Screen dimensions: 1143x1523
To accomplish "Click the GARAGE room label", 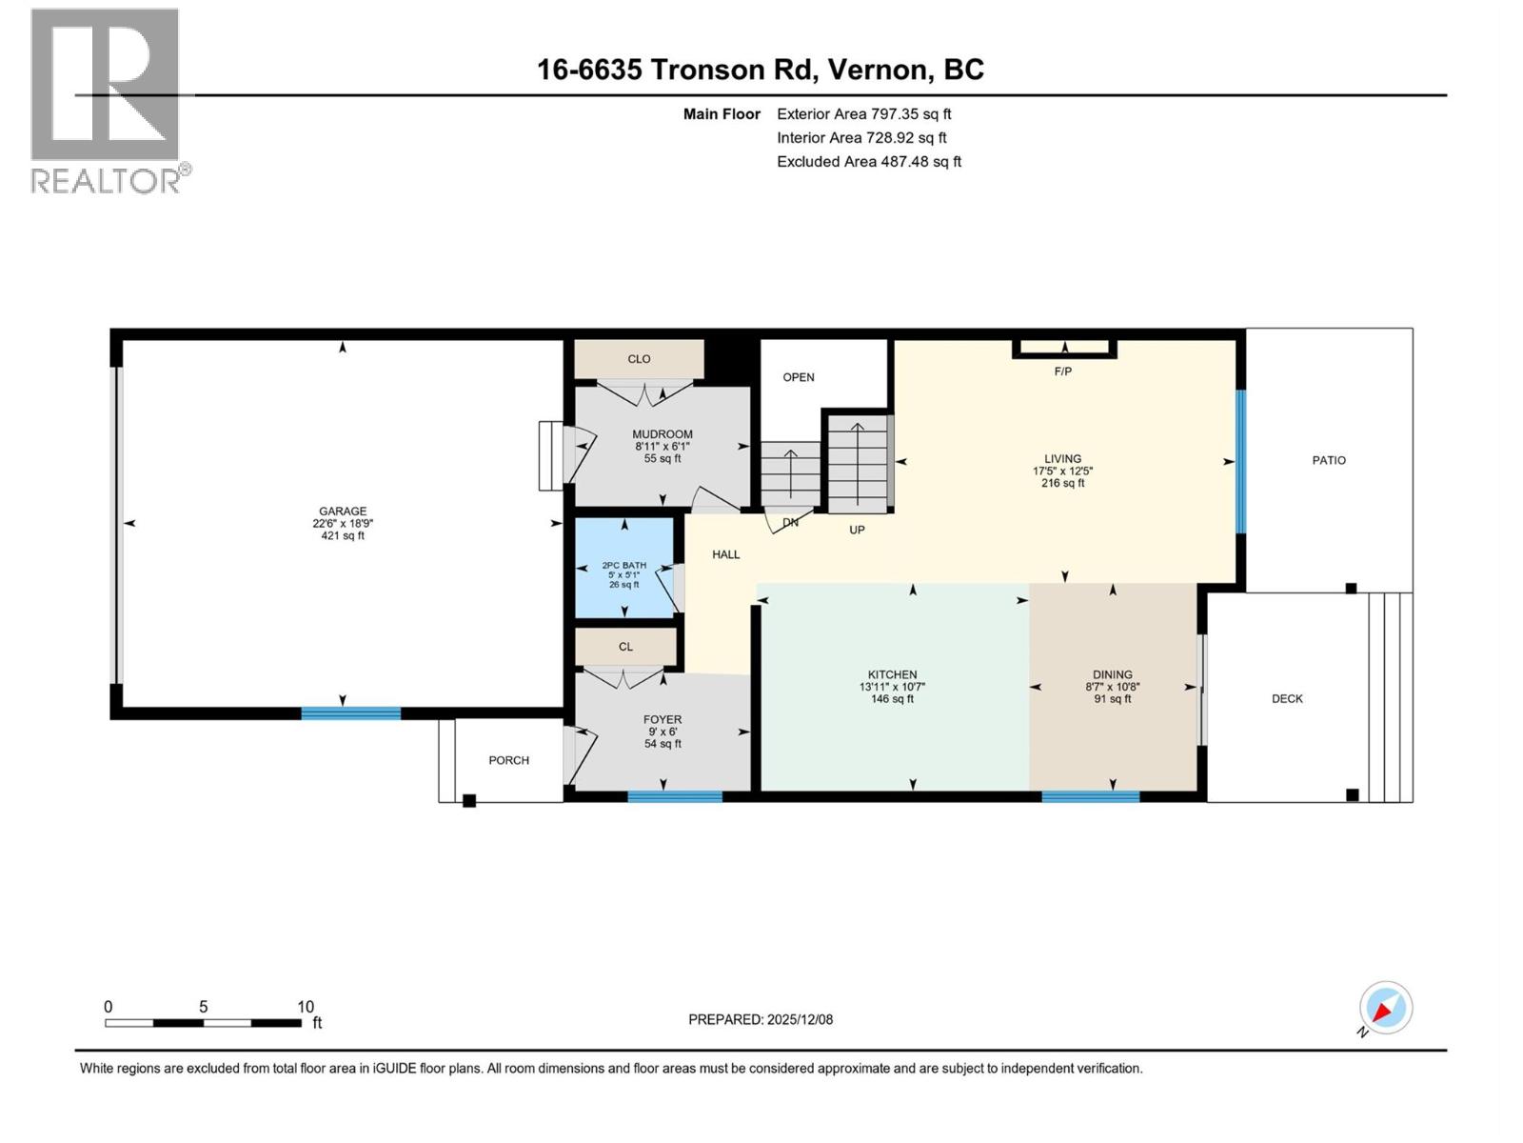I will click(x=343, y=511).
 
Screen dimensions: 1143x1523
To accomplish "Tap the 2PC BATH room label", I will click(x=623, y=565).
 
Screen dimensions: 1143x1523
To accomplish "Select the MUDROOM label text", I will click(x=663, y=434).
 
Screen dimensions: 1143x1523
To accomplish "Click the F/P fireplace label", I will click(x=1063, y=371).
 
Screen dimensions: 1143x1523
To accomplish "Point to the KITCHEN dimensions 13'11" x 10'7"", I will click(x=892, y=687).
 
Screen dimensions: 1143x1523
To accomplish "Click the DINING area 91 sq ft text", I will click(x=1113, y=699).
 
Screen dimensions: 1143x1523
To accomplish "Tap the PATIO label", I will click(x=1329, y=460).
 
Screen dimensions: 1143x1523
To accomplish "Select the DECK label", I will click(x=1287, y=698).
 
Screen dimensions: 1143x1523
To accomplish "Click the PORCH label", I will click(x=508, y=760).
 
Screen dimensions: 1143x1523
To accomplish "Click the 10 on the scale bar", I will click(x=305, y=1007).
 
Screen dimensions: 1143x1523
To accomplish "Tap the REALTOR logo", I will click(x=107, y=100).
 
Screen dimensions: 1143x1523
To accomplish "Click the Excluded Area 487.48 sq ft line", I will click(x=868, y=162).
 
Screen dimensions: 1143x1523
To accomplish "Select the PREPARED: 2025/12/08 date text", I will click(x=761, y=1019).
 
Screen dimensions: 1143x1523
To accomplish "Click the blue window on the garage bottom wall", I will click(x=350, y=712).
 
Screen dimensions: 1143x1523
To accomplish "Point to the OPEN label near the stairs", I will click(x=799, y=377).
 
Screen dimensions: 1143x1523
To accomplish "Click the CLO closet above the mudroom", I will click(x=639, y=359).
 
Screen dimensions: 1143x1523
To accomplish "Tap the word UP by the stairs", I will click(x=857, y=530).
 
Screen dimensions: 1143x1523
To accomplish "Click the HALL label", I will click(x=725, y=554).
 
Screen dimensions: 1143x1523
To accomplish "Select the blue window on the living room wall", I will click(x=1240, y=461).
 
